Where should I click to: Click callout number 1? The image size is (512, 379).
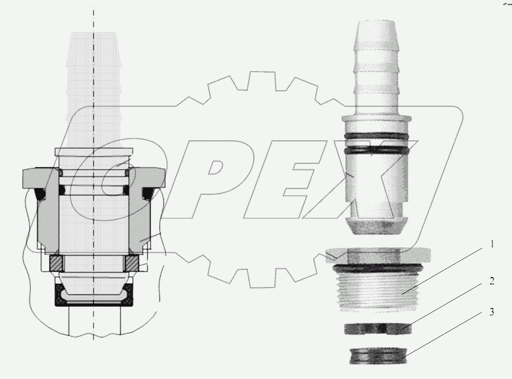(492, 244)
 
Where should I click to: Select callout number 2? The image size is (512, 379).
(492, 281)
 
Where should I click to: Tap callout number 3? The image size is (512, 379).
(492, 312)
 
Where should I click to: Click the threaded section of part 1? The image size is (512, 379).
(377, 291)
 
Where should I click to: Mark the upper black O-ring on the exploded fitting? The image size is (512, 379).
(377, 135)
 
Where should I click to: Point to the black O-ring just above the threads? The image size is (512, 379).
(377, 268)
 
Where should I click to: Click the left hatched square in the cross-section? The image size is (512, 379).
(57, 263)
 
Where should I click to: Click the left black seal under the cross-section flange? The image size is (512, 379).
(43, 195)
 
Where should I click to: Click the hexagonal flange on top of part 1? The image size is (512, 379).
(377, 253)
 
